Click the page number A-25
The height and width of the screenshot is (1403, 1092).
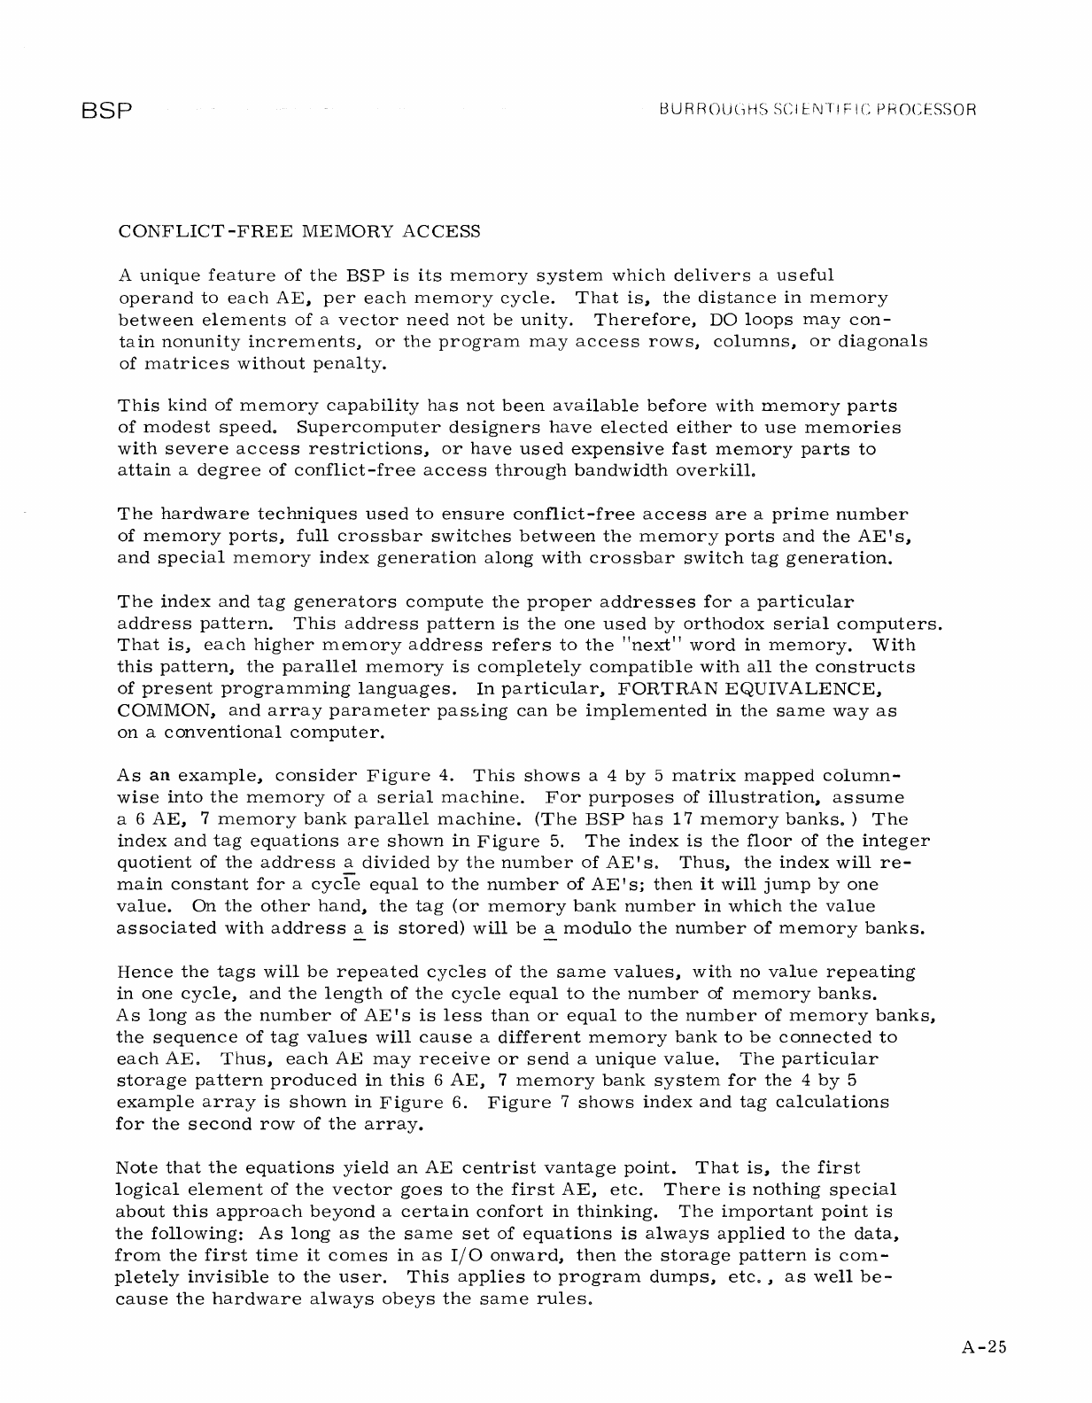(x=984, y=1349)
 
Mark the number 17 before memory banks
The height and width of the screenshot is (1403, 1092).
(x=685, y=819)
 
